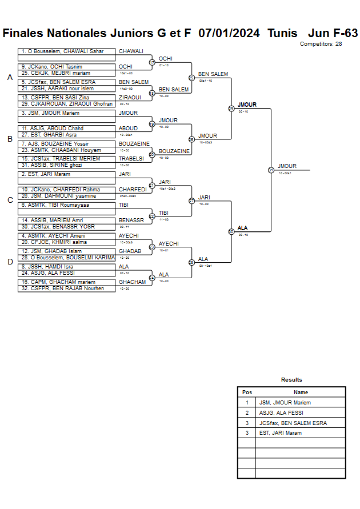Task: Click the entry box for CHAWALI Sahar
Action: pos(66,51)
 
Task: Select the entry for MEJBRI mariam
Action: pos(66,73)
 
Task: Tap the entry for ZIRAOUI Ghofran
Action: pos(66,104)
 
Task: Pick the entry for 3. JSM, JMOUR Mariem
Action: pos(66,113)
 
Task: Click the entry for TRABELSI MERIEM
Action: pos(66,159)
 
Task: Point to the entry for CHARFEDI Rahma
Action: pos(66,190)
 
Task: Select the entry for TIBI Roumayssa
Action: pos(66,205)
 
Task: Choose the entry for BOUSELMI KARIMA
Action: pos(66,258)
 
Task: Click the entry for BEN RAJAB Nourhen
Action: pos(66,288)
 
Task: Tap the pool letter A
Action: pos(10,78)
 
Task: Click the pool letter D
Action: pos(10,262)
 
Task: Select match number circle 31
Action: pos(271,170)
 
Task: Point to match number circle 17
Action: pos(152,62)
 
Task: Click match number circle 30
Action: pos(231,231)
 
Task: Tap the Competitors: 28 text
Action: pos(321,44)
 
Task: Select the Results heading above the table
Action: pos(291,380)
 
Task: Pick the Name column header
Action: pos(301,392)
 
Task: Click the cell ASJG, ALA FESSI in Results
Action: pos(281,412)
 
